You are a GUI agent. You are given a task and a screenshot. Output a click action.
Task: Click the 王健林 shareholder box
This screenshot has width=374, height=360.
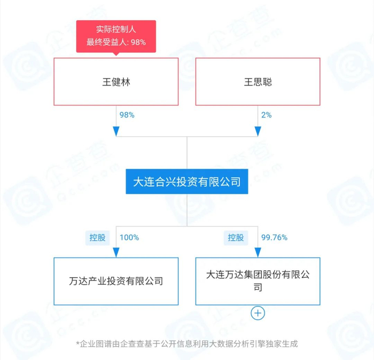[x=116, y=82]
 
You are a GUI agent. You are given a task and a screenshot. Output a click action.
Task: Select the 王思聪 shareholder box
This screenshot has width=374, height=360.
[x=258, y=82]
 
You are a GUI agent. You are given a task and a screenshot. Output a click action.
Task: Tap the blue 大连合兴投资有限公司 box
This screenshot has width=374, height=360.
[x=186, y=182]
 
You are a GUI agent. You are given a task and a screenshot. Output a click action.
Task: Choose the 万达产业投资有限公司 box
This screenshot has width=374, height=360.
[x=116, y=281]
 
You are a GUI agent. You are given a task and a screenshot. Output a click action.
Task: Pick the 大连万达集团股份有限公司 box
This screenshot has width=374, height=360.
[x=258, y=281]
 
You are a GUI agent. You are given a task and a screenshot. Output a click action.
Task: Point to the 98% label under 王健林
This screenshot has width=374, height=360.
[x=127, y=115]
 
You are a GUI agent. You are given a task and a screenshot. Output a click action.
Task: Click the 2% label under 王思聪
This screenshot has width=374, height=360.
[x=266, y=115]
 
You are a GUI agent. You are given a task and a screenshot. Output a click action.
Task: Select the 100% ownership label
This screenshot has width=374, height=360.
[x=129, y=237]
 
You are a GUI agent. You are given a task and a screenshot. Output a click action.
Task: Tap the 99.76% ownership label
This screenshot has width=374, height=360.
[x=274, y=237]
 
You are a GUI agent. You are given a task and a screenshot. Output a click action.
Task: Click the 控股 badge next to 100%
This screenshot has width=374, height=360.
[x=97, y=237]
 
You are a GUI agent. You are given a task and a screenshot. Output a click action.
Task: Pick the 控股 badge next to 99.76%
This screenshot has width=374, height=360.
[x=236, y=237]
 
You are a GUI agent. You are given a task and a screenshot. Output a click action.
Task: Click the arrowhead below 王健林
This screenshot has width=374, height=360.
[x=116, y=131]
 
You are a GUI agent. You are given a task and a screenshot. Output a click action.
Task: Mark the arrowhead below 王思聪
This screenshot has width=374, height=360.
[x=258, y=131]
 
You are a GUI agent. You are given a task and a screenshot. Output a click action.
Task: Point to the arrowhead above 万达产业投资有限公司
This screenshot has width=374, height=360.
[x=116, y=252]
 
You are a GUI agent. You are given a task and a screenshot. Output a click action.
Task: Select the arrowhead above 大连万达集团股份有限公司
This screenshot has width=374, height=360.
[x=258, y=252]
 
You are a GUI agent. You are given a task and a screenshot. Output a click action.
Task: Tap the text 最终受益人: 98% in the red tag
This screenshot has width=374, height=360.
[x=116, y=42]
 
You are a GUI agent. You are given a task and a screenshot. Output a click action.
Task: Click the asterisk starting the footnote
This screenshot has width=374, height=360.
[x=77, y=343]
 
